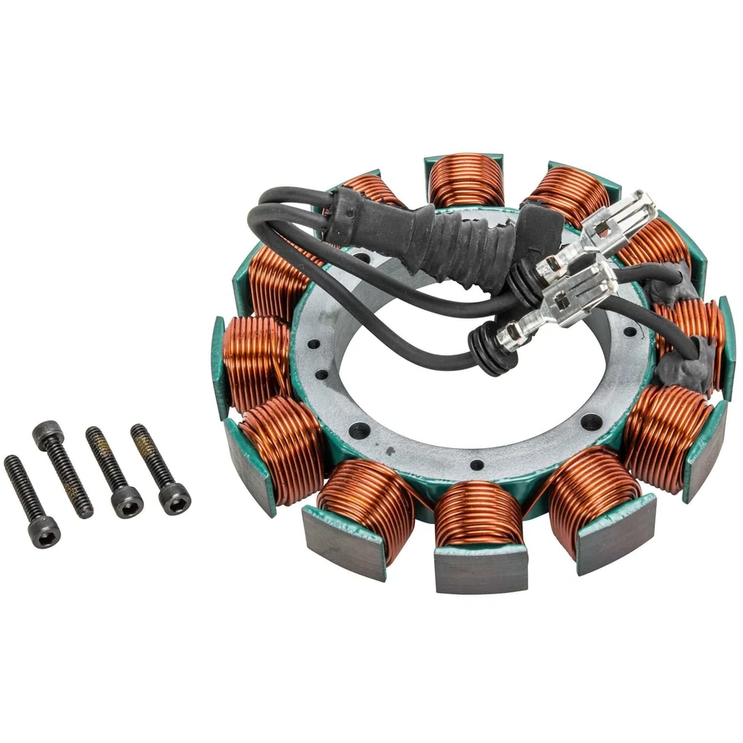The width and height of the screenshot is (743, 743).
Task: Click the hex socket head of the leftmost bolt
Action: (x=43, y=532)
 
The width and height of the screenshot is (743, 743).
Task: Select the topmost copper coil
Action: (x=466, y=180)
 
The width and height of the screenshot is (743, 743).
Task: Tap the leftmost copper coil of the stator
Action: (x=255, y=360)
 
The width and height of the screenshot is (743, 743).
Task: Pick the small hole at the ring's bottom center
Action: (x=476, y=465)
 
